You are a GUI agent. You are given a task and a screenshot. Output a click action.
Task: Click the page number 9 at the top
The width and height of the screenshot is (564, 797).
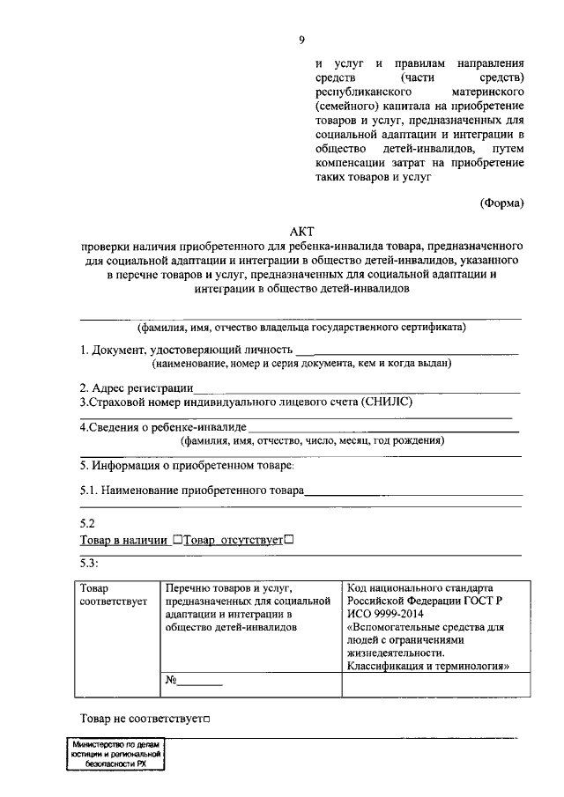(x=302, y=40)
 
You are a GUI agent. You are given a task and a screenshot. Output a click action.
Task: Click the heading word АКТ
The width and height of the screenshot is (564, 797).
(x=301, y=232)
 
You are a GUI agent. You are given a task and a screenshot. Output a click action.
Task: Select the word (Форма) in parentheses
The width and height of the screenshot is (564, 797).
(x=502, y=203)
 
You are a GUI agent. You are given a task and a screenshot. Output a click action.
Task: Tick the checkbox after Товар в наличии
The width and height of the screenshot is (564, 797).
(x=178, y=540)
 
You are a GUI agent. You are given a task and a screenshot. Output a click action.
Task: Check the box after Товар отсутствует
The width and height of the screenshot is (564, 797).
(x=289, y=540)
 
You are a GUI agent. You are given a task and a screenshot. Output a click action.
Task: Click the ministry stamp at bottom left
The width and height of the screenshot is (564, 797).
(x=115, y=755)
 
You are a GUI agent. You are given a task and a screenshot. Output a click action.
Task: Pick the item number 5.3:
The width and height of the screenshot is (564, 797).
(x=90, y=563)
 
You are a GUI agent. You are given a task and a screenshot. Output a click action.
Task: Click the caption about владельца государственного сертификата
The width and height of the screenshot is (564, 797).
(x=301, y=328)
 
